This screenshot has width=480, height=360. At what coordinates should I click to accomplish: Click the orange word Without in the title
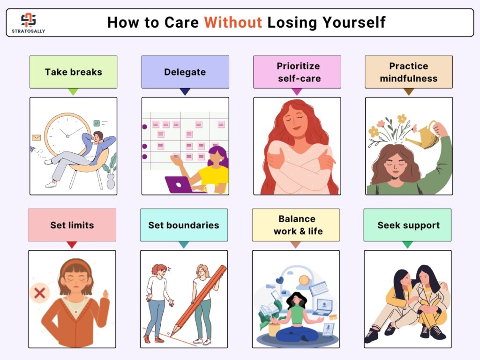pyautogui.click(x=233, y=22)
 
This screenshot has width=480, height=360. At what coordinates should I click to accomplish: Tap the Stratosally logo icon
pyautogui.click(x=29, y=20)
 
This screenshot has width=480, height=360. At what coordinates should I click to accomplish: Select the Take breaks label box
pyautogui.click(x=73, y=72)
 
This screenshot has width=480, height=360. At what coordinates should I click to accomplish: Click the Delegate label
pyautogui.click(x=185, y=72)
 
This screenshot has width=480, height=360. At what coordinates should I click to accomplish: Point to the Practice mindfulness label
pyautogui.click(x=409, y=72)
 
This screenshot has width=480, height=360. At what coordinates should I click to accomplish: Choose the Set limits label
pyautogui.click(x=72, y=225)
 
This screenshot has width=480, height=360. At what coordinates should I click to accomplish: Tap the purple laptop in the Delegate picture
pyautogui.click(x=179, y=184)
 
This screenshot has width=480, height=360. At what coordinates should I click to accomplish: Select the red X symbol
pyautogui.click(x=40, y=293)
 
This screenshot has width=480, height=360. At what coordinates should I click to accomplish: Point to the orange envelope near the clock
pyautogui.click(x=37, y=138)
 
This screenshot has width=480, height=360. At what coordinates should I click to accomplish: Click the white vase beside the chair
pyautogui.click(x=111, y=181)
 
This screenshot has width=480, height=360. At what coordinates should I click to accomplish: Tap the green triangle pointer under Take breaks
pyautogui.click(x=73, y=91)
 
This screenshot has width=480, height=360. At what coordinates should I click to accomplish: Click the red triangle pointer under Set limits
pyautogui.click(x=72, y=245)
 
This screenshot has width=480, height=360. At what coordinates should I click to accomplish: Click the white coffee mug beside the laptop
pyautogui.click(x=210, y=188)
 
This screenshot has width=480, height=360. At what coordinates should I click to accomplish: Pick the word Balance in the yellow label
pyautogui.click(x=297, y=219)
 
